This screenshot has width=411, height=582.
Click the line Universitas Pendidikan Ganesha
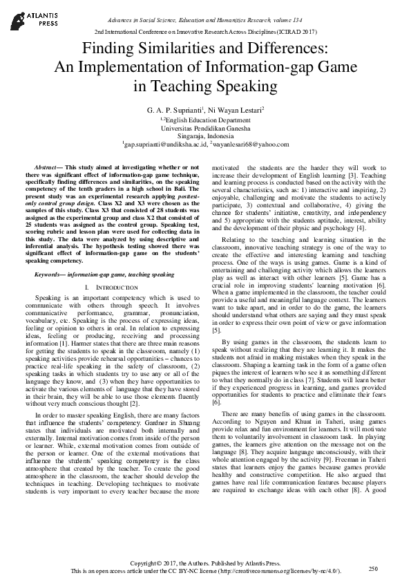click(x=205, y=128)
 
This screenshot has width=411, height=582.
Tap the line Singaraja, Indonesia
click(x=205, y=137)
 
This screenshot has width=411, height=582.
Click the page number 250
click(x=373, y=568)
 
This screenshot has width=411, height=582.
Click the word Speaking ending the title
click(x=231, y=86)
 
